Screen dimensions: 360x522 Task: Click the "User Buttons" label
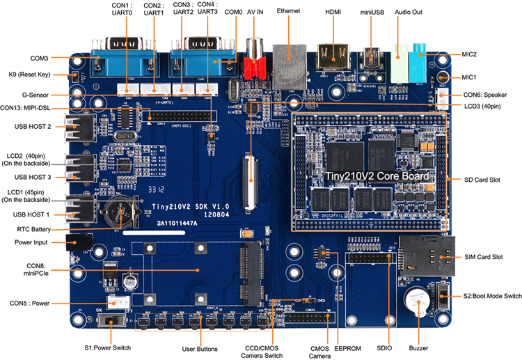coord(200,348)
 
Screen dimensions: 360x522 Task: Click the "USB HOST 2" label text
coord(33,126)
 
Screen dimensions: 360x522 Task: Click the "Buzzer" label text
coord(418,347)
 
